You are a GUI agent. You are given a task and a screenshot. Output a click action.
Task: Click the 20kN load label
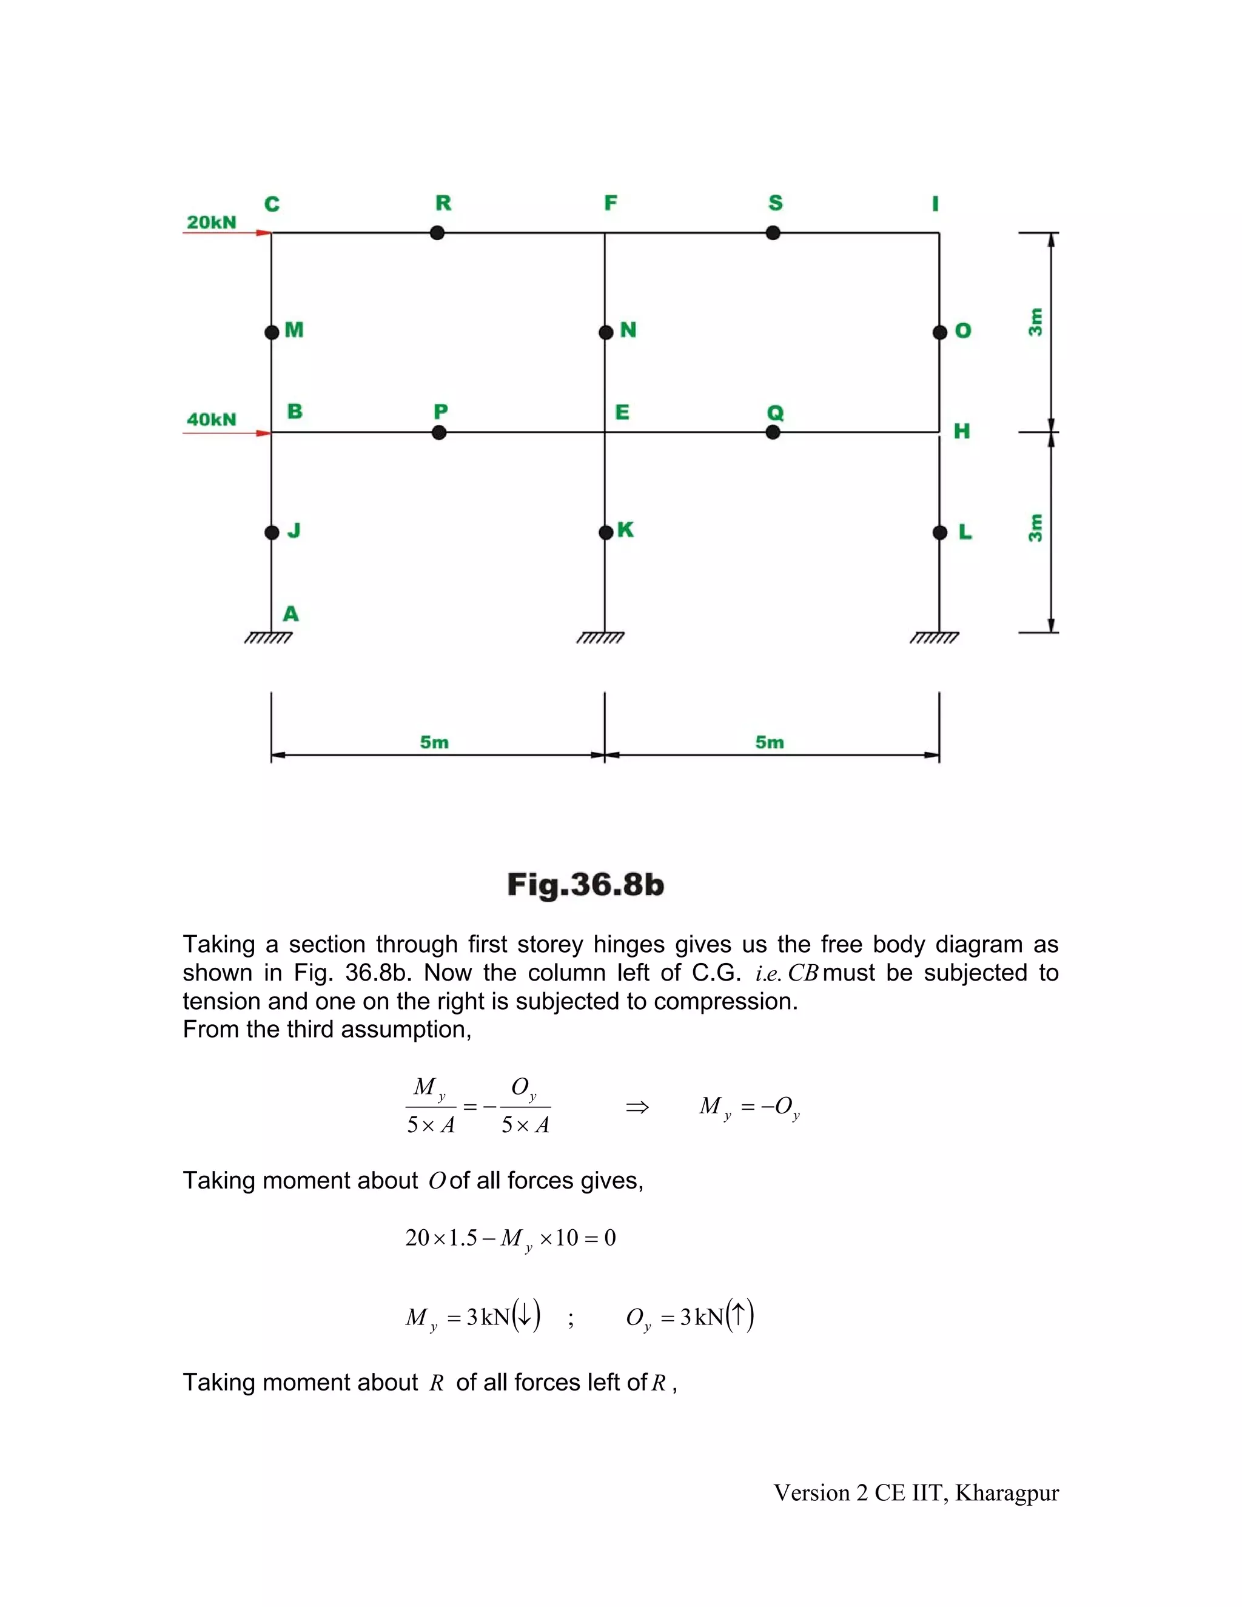pyautogui.click(x=211, y=222)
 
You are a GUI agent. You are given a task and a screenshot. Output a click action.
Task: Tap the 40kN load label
pyautogui.click(x=211, y=420)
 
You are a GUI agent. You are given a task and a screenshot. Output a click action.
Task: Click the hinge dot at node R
pyautogui.click(x=437, y=233)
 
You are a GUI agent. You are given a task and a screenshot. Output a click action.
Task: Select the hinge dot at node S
pyautogui.click(x=773, y=233)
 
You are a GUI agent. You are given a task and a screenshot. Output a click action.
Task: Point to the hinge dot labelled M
pyautogui.click(x=272, y=332)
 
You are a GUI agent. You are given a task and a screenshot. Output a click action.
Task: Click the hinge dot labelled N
pyautogui.click(x=606, y=332)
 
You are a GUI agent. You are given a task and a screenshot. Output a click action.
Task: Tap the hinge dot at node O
pyautogui.click(x=939, y=332)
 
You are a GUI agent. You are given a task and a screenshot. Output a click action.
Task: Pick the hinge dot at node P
pyautogui.click(x=439, y=432)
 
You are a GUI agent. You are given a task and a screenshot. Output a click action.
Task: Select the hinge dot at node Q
pyautogui.click(x=773, y=432)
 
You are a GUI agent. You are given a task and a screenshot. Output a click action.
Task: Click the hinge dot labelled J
pyautogui.click(x=272, y=532)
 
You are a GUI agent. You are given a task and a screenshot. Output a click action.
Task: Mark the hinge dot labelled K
pyautogui.click(x=606, y=532)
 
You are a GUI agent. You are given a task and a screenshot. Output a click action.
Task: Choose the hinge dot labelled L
pyautogui.click(x=939, y=532)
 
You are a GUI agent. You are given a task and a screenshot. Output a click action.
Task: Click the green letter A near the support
pyautogui.click(x=291, y=614)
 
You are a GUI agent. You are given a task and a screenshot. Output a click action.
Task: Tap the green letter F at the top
pyautogui.click(x=611, y=203)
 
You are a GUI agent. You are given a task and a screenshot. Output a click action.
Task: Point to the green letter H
pyautogui.click(x=962, y=431)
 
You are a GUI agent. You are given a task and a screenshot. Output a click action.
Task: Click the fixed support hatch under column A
pyautogui.click(x=269, y=638)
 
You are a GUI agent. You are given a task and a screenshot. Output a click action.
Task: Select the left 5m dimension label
pyautogui.click(x=434, y=742)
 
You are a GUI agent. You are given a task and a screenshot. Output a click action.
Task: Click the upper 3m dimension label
pyautogui.click(x=1035, y=321)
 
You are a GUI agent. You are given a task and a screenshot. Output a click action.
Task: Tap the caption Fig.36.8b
pyautogui.click(x=586, y=884)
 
